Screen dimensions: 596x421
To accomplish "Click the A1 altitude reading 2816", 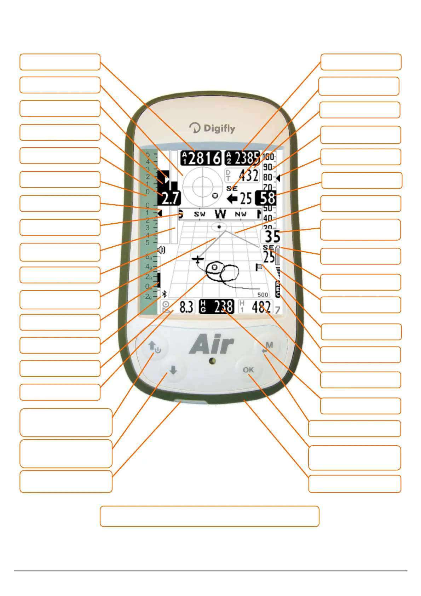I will click(201, 158).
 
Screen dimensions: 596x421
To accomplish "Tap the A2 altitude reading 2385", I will click(242, 158).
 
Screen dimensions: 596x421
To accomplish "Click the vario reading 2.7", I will click(171, 198).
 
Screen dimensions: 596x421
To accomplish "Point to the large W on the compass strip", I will click(220, 214).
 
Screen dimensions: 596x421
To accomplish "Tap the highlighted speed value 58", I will click(267, 198).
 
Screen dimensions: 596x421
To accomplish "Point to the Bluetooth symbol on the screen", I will click(164, 294).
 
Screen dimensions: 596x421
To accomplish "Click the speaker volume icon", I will click(161, 250).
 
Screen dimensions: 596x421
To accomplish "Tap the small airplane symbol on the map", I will click(198, 259).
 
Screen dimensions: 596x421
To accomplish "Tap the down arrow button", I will click(173, 370).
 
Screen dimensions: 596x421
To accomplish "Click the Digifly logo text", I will click(212, 128).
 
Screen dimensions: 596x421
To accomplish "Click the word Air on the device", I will click(212, 344).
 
